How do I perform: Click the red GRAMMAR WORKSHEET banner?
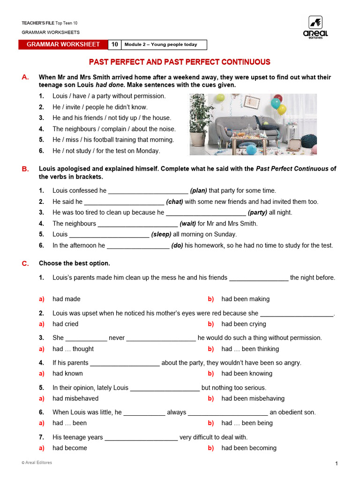click(x=63, y=45)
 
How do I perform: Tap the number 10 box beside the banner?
click(x=115, y=45)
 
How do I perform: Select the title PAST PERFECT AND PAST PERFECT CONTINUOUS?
click(x=180, y=62)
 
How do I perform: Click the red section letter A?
click(x=25, y=77)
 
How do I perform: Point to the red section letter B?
click(x=25, y=169)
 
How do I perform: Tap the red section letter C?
click(x=25, y=263)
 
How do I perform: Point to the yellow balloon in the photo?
click(x=282, y=110)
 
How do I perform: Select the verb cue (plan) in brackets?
click(x=198, y=191)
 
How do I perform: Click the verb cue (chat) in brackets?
click(x=174, y=202)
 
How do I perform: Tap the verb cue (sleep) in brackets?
click(x=161, y=234)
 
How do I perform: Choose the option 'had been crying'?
click(x=243, y=324)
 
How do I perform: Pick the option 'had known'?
click(x=67, y=374)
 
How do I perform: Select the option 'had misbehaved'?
click(x=75, y=398)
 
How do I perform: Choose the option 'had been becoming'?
click(x=248, y=448)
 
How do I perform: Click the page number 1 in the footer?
click(x=337, y=464)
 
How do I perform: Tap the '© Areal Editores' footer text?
click(x=37, y=463)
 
